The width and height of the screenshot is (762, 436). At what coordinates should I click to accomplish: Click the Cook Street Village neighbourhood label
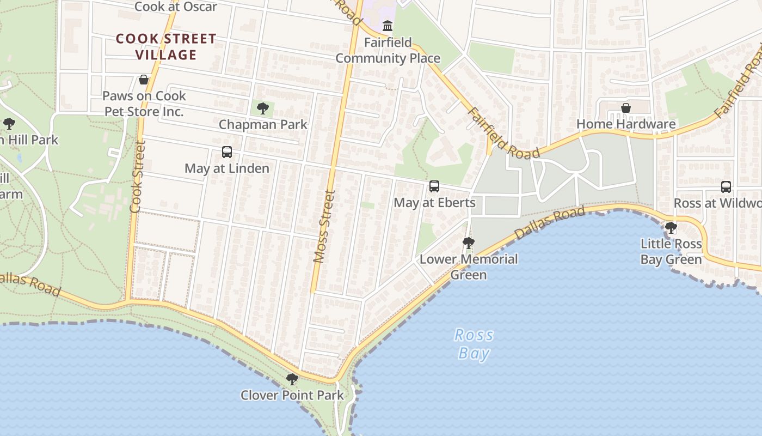click(x=166, y=47)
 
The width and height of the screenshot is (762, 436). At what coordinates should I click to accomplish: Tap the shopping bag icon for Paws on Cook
click(x=144, y=80)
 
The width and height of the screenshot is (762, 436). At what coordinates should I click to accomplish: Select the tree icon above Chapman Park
click(x=263, y=108)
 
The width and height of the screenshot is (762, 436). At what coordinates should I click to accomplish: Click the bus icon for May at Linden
click(x=227, y=152)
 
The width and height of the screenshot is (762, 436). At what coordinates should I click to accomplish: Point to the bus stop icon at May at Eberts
click(x=434, y=186)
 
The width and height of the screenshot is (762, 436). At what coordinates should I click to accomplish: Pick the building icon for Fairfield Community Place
click(x=388, y=26)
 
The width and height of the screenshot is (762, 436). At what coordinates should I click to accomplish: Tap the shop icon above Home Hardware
click(x=626, y=108)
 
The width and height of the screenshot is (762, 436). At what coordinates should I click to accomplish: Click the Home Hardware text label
click(x=626, y=124)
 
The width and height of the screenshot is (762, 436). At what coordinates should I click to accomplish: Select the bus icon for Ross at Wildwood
click(x=726, y=187)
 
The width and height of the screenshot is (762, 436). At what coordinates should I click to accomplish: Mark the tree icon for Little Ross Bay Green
click(x=671, y=227)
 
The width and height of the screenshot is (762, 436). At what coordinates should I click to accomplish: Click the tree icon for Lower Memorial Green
click(x=468, y=243)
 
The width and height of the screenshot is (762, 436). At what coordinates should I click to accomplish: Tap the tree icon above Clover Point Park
click(x=292, y=379)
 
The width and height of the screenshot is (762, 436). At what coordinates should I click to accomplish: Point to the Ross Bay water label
click(x=474, y=344)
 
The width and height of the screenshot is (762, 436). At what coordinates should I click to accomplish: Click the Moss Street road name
click(x=324, y=226)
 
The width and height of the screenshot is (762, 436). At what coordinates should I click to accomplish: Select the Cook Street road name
click(x=137, y=177)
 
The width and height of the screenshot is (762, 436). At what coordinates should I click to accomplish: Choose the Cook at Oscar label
click(x=175, y=7)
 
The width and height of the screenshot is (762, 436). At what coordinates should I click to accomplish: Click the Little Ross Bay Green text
click(x=671, y=251)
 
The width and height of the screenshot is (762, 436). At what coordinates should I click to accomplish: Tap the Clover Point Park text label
click(x=292, y=395)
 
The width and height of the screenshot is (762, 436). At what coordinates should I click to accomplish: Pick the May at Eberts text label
click(x=434, y=203)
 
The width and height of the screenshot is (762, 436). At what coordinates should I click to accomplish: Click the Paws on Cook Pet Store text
click(x=144, y=104)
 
